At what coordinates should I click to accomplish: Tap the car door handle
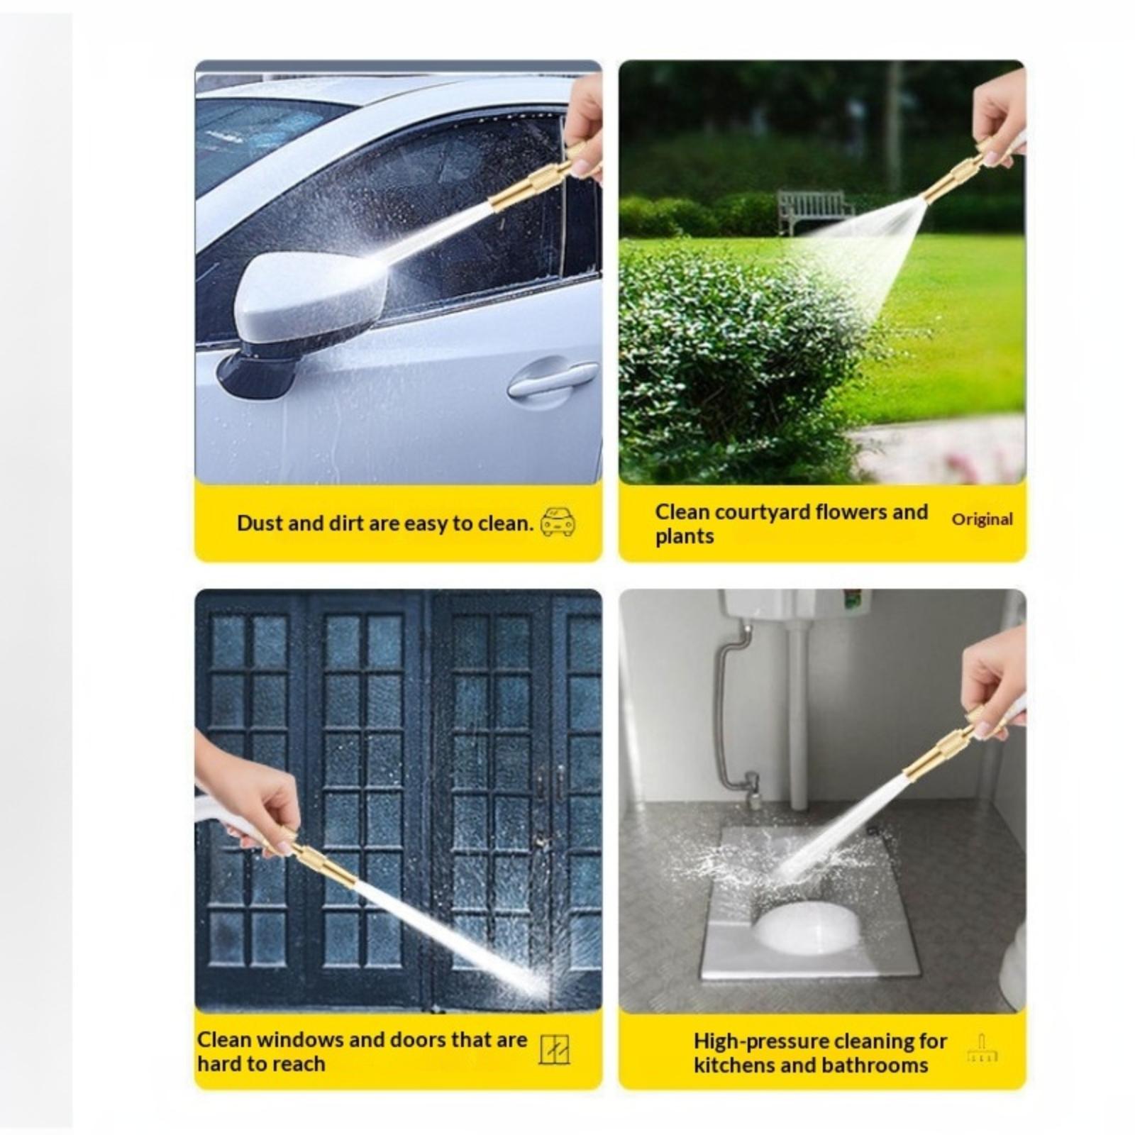(x=553, y=380)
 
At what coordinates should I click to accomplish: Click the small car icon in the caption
(x=558, y=522)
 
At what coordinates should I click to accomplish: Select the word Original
(x=982, y=519)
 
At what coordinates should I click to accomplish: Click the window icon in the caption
(x=554, y=1049)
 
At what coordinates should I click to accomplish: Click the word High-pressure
(x=760, y=1041)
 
